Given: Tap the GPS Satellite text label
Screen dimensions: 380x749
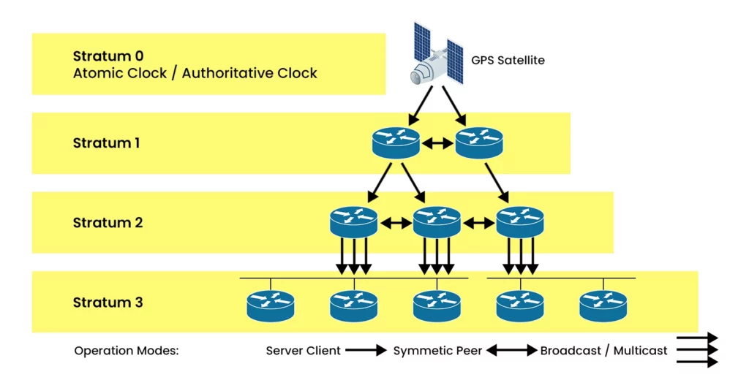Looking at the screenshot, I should click(x=508, y=61).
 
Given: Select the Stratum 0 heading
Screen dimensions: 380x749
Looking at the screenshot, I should click(x=108, y=56).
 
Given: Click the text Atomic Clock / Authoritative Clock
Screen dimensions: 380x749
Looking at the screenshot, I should click(x=195, y=73).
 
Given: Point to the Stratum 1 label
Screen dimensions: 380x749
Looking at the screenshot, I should click(x=106, y=143).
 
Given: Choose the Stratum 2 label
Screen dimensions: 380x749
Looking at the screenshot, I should click(x=108, y=223).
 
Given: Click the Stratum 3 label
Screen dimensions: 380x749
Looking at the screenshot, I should click(x=108, y=303).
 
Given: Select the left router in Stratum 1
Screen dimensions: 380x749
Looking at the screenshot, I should click(x=395, y=142).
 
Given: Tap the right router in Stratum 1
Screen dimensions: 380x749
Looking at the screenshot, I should click(x=479, y=142).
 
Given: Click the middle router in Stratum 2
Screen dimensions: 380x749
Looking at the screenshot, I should click(x=437, y=221).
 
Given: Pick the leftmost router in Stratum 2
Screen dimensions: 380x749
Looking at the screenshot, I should click(x=353, y=221).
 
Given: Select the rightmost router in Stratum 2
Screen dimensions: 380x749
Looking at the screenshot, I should click(x=520, y=221).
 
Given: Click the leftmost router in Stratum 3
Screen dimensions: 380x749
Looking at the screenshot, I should click(x=270, y=306).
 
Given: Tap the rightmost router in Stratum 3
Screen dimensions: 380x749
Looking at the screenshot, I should click(x=603, y=306).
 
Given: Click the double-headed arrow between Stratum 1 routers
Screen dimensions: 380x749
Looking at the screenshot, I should click(x=437, y=144).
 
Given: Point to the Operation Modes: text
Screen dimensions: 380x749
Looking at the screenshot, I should click(x=127, y=351).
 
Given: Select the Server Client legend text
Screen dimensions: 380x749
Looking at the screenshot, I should click(x=303, y=351).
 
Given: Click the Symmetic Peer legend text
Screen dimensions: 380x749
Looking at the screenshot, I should click(x=437, y=351).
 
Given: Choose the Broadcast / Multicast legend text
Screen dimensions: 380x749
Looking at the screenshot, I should click(x=603, y=351).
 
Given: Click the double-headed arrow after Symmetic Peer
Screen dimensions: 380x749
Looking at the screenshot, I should click(x=511, y=351).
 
